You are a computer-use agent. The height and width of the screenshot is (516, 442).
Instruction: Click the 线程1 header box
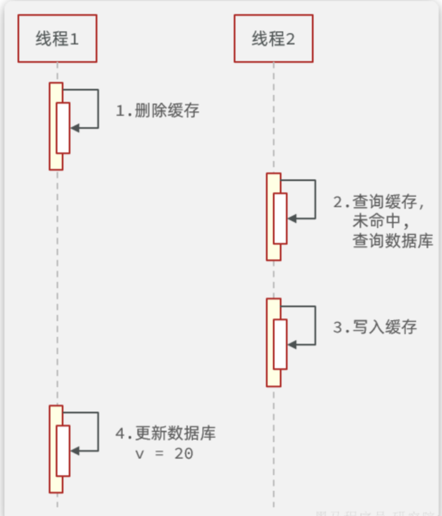57,38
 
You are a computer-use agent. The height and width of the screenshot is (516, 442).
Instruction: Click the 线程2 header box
274,38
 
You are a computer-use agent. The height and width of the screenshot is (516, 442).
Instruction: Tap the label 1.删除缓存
158,110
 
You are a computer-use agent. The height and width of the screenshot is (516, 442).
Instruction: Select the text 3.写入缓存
375,327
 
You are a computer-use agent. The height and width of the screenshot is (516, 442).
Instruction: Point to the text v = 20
164,454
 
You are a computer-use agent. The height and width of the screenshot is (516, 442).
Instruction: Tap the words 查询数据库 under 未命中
393,241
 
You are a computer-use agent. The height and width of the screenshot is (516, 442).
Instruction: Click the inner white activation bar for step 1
63,128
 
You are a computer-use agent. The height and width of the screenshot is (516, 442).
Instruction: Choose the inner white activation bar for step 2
280,218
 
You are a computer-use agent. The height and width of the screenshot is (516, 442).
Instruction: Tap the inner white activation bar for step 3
280,344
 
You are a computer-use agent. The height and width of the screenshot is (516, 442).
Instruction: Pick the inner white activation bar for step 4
63,450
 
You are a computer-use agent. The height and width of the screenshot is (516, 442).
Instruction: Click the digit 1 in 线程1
74,39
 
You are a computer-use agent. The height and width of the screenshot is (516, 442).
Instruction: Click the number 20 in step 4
184,454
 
